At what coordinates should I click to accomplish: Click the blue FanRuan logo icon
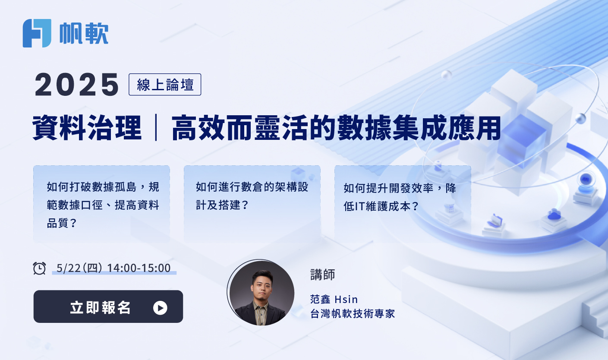point(37,33)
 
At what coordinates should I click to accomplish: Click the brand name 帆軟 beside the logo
point(84,33)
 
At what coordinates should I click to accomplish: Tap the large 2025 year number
point(76,85)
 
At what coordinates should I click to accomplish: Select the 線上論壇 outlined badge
point(165,85)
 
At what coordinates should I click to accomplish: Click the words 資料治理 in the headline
point(87,128)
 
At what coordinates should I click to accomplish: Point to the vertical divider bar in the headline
point(156,127)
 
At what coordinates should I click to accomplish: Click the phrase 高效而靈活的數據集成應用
point(336,128)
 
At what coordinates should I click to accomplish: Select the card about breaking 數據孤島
point(101,204)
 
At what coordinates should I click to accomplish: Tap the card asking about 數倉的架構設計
point(252,204)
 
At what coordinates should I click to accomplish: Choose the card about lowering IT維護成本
point(403,204)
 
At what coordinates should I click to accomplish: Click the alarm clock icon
point(39,268)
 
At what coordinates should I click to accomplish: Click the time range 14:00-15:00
point(139,268)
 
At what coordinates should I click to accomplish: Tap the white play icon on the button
point(160,308)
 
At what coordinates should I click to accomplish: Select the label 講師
point(322,275)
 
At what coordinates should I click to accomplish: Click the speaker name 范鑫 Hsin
point(334,299)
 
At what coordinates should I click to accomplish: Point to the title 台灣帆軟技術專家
point(353,313)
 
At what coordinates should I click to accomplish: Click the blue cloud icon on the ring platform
point(554,215)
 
